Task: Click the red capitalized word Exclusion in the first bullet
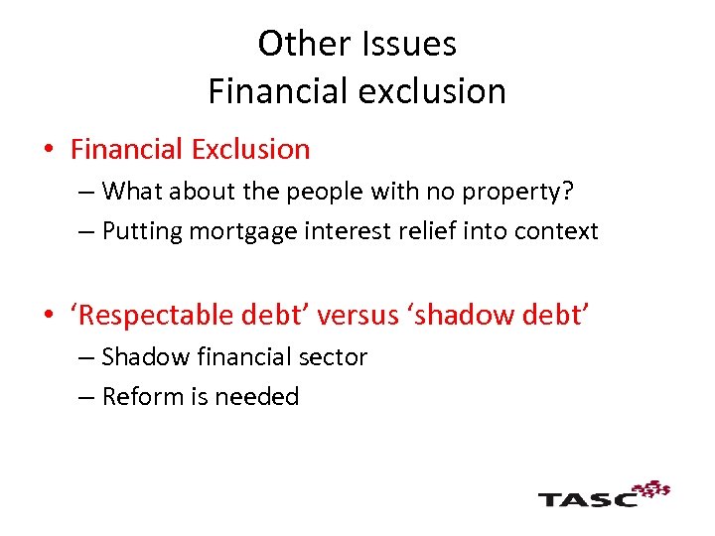tap(250, 150)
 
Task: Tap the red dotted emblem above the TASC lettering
tap(651, 487)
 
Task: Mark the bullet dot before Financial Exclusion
tap(50, 151)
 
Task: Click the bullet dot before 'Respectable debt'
tap(50, 316)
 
